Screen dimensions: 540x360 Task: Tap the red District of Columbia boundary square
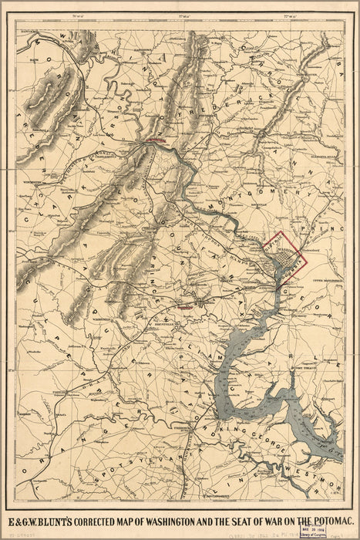click(286, 254)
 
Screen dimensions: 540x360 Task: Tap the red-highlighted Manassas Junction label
click(185, 307)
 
